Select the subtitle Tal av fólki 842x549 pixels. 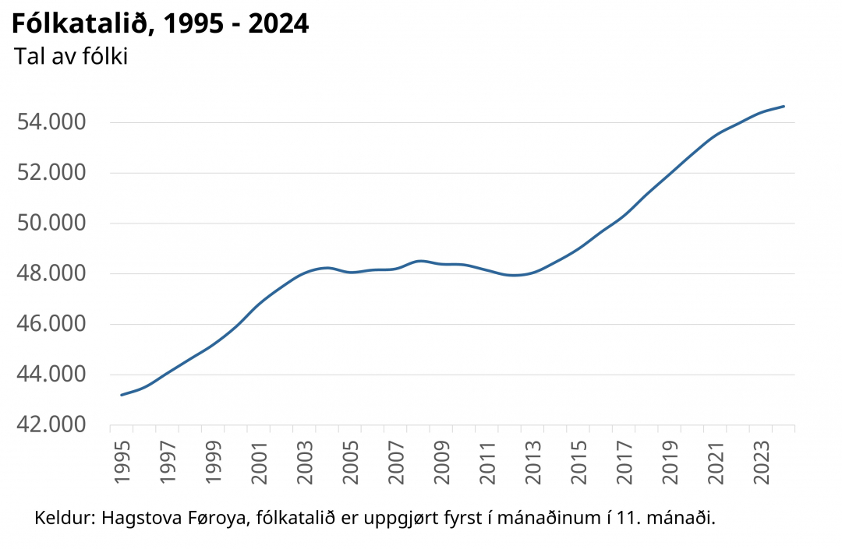tap(71, 57)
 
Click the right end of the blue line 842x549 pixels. tap(784, 106)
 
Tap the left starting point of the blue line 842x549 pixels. tap(122, 395)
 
